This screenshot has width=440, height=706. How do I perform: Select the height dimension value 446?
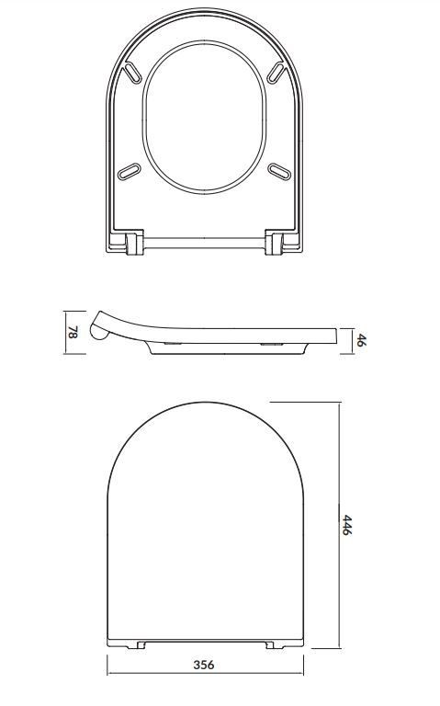(347, 527)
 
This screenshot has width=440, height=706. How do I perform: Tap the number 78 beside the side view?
(71, 333)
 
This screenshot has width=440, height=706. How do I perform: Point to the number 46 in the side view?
(361, 339)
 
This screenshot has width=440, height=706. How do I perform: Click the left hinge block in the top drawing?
(133, 244)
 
